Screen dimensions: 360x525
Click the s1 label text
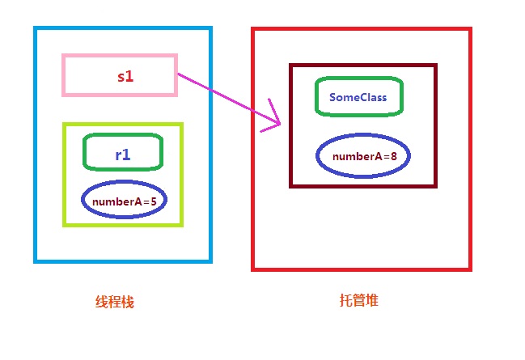[x=125, y=76]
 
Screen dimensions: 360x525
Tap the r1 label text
[x=123, y=154]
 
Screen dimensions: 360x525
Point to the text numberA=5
[x=124, y=201]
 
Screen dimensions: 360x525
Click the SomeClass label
[x=358, y=97]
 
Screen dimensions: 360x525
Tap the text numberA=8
[x=364, y=156]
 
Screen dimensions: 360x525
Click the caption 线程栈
[x=115, y=302]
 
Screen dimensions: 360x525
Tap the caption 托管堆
[x=358, y=301]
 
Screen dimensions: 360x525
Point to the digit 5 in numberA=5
[x=153, y=201]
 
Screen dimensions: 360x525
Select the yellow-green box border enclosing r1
[x=64, y=175]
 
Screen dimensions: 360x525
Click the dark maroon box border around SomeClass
[x=291, y=125]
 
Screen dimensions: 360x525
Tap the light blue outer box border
[x=36, y=146]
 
